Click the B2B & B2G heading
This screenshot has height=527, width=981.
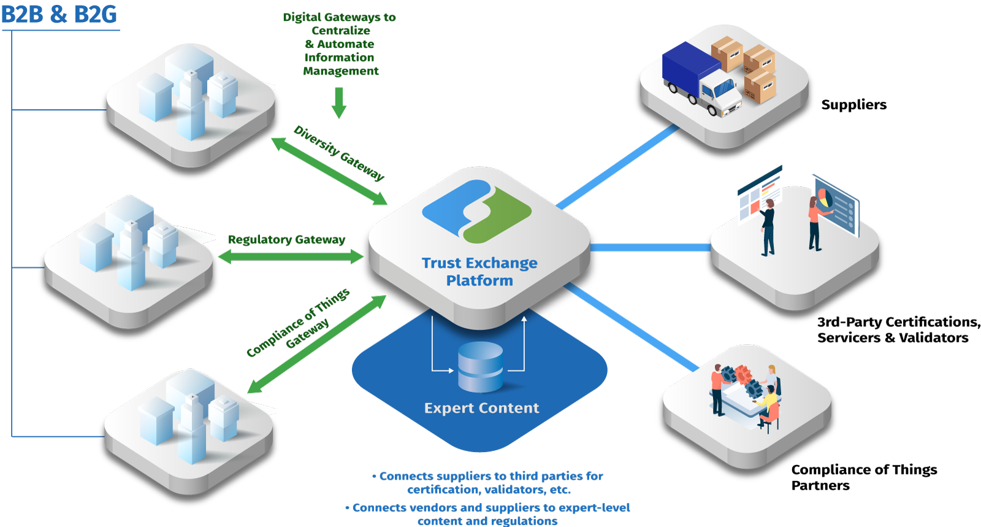point(59,14)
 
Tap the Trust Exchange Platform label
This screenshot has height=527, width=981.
point(479,271)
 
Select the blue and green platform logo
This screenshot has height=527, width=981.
point(476,210)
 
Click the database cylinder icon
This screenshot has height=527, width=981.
point(481,367)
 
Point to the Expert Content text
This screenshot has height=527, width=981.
point(481,408)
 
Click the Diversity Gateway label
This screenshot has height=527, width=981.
point(339,153)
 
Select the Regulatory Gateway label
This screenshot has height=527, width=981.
point(286,239)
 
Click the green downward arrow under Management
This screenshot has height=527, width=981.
point(339,102)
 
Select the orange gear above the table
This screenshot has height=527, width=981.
point(743,372)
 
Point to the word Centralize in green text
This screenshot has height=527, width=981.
point(340,31)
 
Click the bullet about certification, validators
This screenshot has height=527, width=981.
point(488,483)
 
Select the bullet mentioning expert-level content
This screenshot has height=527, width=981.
point(488,514)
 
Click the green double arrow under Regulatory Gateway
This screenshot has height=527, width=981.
point(291,257)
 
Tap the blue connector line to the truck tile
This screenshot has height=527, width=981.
point(619,166)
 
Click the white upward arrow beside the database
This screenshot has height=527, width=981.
point(524,344)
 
